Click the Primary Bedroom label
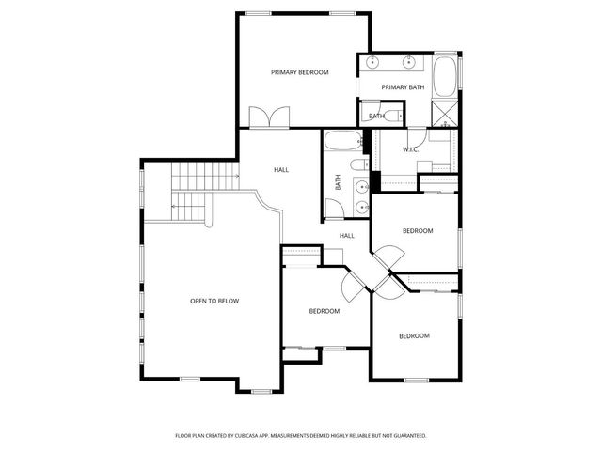click(300, 72)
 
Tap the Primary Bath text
click(403, 87)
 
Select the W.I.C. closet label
click(411, 149)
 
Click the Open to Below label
click(214, 301)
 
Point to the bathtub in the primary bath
click(445, 75)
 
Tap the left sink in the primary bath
click(373, 64)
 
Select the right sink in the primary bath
click(411, 64)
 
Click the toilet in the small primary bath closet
click(394, 116)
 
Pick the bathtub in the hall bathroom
click(340, 143)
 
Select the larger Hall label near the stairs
click(281, 170)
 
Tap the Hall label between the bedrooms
click(347, 236)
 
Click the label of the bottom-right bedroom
click(414, 335)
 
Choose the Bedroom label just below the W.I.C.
click(417, 231)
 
